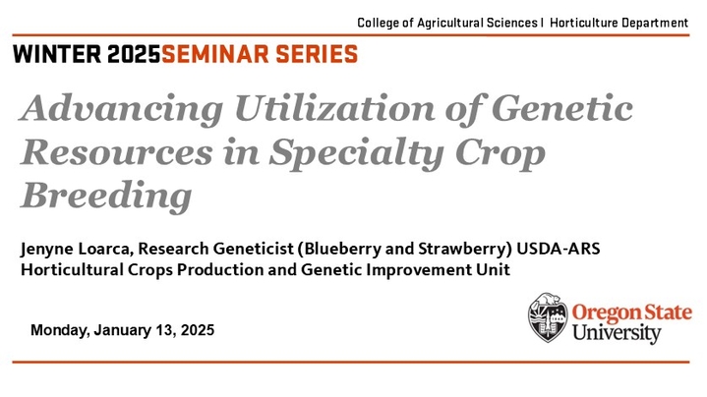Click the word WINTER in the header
click(x=57, y=54)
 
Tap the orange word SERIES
click(x=317, y=54)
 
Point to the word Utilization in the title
click(x=334, y=108)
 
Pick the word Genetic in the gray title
click(x=562, y=108)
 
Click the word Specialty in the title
click(x=356, y=153)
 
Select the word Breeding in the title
click(x=106, y=196)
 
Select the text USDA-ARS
click(x=559, y=249)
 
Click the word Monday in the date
click(x=60, y=331)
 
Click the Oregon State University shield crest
click(x=548, y=317)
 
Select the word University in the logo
click(x=617, y=334)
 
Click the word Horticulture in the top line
click(x=583, y=23)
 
